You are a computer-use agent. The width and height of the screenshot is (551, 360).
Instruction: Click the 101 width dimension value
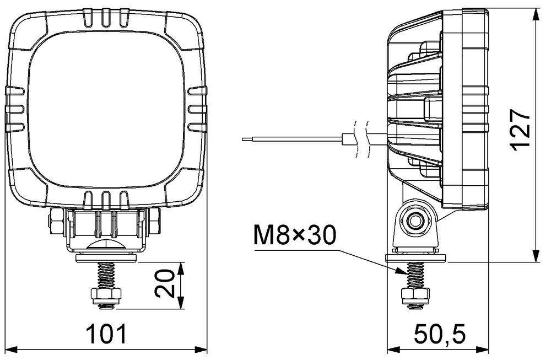click(x=107, y=334)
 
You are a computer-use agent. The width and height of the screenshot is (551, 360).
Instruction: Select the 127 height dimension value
click(x=520, y=130)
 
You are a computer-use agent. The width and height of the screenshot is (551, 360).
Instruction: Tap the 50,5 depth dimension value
click(x=440, y=334)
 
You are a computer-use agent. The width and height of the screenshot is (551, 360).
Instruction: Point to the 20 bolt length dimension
click(x=165, y=283)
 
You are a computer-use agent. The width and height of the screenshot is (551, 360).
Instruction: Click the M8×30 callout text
click(x=294, y=235)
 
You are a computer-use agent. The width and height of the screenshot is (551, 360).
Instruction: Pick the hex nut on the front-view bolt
click(x=106, y=295)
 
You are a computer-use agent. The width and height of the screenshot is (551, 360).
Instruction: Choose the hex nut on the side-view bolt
click(x=415, y=295)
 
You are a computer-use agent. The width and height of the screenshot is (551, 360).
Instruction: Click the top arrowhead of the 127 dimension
click(x=536, y=16)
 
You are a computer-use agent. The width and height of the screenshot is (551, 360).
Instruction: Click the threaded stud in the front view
click(x=106, y=275)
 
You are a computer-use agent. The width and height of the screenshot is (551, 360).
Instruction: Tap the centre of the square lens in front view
click(x=106, y=110)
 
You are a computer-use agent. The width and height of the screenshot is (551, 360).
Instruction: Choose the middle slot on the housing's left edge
click(x=15, y=109)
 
